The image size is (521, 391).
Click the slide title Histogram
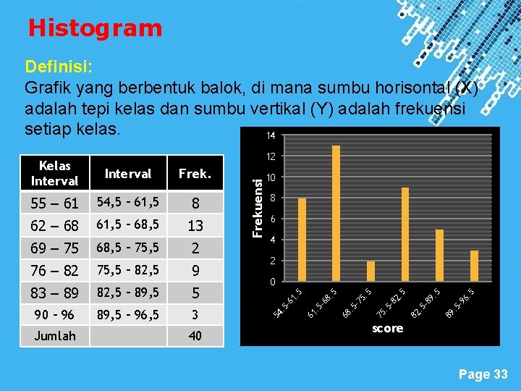pos(95,28)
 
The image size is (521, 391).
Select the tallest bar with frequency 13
pos(336,213)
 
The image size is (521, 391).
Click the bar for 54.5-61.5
pos(302,240)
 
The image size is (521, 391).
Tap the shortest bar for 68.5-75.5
pos(370,271)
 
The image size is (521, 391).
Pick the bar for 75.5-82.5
pos(405,234)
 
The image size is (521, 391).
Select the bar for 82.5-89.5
pos(439,255)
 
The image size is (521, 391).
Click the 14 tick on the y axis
pos(270,136)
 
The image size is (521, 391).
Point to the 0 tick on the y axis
pos(272,282)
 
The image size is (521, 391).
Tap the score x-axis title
pos(387,328)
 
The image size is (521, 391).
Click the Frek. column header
pos(195,174)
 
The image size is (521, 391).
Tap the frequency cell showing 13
pos(195,226)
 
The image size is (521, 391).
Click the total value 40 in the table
pos(195,336)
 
